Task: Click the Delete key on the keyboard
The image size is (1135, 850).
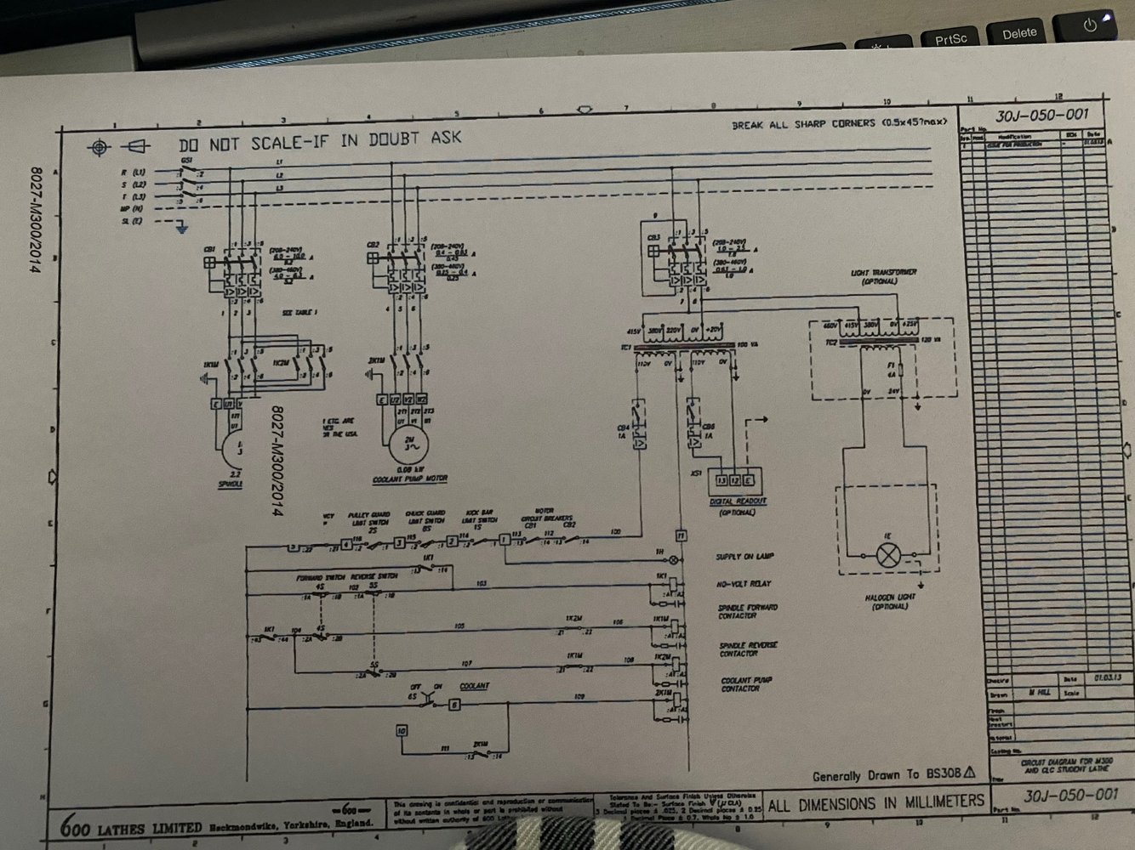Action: pyautogui.click(x=1019, y=34)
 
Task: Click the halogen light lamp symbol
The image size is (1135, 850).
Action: pyautogui.click(x=889, y=556)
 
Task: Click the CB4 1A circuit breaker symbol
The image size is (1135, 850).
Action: pyautogui.click(x=637, y=433)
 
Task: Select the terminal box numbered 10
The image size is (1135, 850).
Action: pyautogui.click(x=402, y=731)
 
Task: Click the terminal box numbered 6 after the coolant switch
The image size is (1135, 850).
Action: pyautogui.click(x=454, y=705)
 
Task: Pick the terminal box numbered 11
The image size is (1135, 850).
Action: pyautogui.click(x=681, y=535)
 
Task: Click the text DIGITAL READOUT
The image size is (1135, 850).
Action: pyautogui.click(x=738, y=501)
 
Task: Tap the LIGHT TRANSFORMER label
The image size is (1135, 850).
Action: pyautogui.click(x=883, y=273)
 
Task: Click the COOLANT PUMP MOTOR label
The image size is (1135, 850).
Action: pyautogui.click(x=410, y=479)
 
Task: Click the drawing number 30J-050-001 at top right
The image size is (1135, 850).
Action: pyautogui.click(x=1041, y=116)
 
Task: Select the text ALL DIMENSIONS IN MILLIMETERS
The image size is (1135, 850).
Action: pyautogui.click(x=876, y=803)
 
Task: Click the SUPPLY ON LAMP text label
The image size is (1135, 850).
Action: pyautogui.click(x=745, y=557)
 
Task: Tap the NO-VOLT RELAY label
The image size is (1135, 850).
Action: pyautogui.click(x=744, y=584)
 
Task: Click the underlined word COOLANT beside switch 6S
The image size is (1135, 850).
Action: pyautogui.click(x=475, y=686)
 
